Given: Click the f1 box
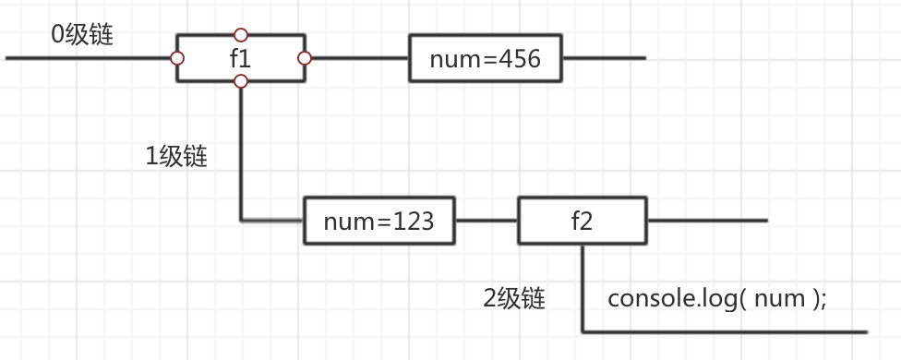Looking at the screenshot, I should pyautogui.click(x=240, y=58).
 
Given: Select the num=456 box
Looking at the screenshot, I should pyautogui.click(x=485, y=59).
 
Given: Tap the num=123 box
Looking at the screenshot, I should pyautogui.click(x=379, y=221).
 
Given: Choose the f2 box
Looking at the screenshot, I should pyautogui.click(x=582, y=221).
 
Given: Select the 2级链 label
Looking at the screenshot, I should pyautogui.click(x=514, y=298).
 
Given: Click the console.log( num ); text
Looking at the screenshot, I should pyautogui.click(x=716, y=298).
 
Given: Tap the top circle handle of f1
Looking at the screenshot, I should pyautogui.click(x=241, y=35).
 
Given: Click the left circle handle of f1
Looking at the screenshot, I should pyautogui.click(x=176, y=58).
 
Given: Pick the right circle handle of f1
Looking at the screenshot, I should pyautogui.click(x=305, y=58).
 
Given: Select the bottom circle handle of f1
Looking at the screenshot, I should pyautogui.click(x=241, y=82).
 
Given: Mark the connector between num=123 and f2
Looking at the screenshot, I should pyautogui.click(x=487, y=221).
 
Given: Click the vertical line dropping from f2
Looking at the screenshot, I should pyautogui.click(x=583, y=286).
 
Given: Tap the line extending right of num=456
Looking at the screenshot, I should pyautogui.click(x=605, y=58).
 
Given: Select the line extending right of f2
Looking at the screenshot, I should pyautogui.click(x=706, y=221).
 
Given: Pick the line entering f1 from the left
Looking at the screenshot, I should pyautogui.click(x=88, y=58).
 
